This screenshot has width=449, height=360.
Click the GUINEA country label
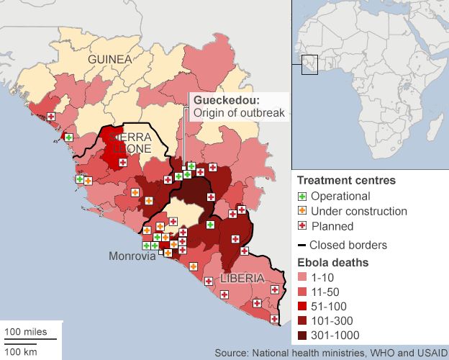point(110,59)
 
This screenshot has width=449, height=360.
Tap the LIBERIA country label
point(242,278)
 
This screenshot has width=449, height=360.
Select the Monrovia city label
point(132,256)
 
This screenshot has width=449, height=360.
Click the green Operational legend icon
point(303,197)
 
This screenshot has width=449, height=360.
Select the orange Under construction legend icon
point(303,212)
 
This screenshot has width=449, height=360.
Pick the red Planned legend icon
point(303,226)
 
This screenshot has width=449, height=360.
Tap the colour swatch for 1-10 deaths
point(304,277)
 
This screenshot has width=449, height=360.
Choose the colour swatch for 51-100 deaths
point(304,306)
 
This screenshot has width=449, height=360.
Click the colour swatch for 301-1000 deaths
point(304,335)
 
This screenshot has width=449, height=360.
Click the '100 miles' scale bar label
point(26,332)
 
